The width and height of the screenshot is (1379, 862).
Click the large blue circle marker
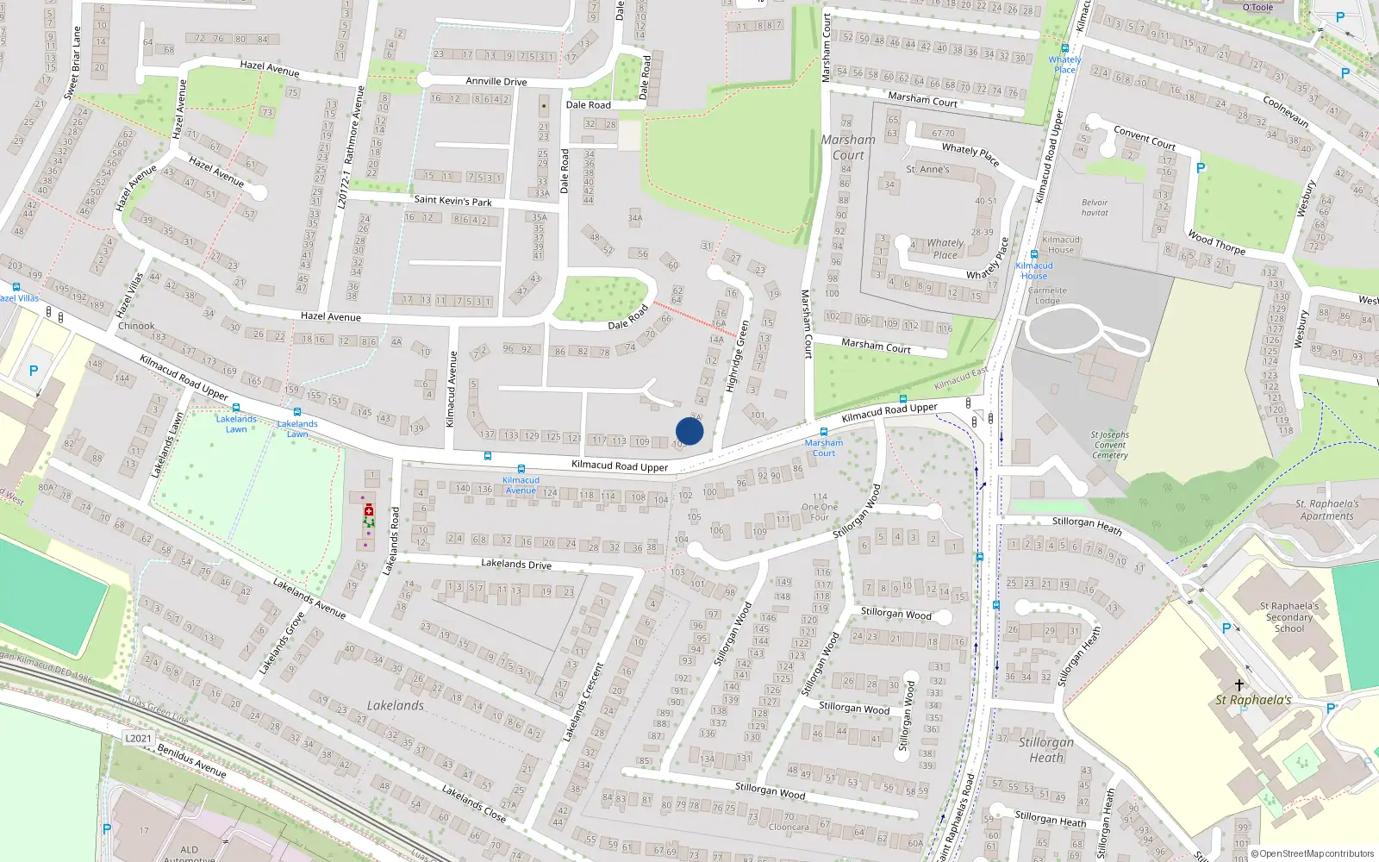pyautogui.click(x=689, y=431)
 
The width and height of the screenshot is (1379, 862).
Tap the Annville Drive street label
pyautogui.click(x=496, y=82)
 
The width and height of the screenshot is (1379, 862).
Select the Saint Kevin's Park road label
pyautogui.click(x=452, y=200)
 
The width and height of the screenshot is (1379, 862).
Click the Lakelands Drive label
pyautogui.click(x=515, y=565)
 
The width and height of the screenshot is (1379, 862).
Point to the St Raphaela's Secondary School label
pyautogui.click(x=1289, y=617)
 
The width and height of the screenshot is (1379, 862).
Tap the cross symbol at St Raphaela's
pyautogui.click(x=1239, y=685)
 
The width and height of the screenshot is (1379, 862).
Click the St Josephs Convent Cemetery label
pyautogui.click(x=1109, y=445)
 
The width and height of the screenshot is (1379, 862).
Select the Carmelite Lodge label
pyautogui.click(x=1047, y=296)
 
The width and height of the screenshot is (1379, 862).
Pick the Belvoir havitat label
pyautogui.click(x=1095, y=208)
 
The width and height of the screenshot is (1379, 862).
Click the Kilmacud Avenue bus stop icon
pyautogui.click(x=488, y=456)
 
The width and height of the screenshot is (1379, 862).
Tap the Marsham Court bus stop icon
pyautogui.click(x=824, y=432)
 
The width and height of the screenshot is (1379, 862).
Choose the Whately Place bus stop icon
pyautogui.click(x=1065, y=49)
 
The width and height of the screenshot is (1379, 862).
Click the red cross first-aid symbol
pyautogui.click(x=369, y=509)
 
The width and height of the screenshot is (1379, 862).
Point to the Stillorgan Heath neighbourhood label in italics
pyautogui.click(x=1046, y=749)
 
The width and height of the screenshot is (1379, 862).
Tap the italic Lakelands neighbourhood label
pyautogui.click(x=396, y=705)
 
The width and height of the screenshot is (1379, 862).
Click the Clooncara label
pyautogui.click(x=789, y=827)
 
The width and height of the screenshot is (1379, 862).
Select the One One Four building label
pyautogui.click(x=820, y=507)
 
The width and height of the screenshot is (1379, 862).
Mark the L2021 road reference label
pyautogui.click(x=138, y=738)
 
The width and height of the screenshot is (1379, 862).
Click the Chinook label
pyautogui.click(x=136, y=326)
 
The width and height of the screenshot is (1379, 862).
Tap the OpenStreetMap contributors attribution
pyautogui.click(x=1312, y=853)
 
